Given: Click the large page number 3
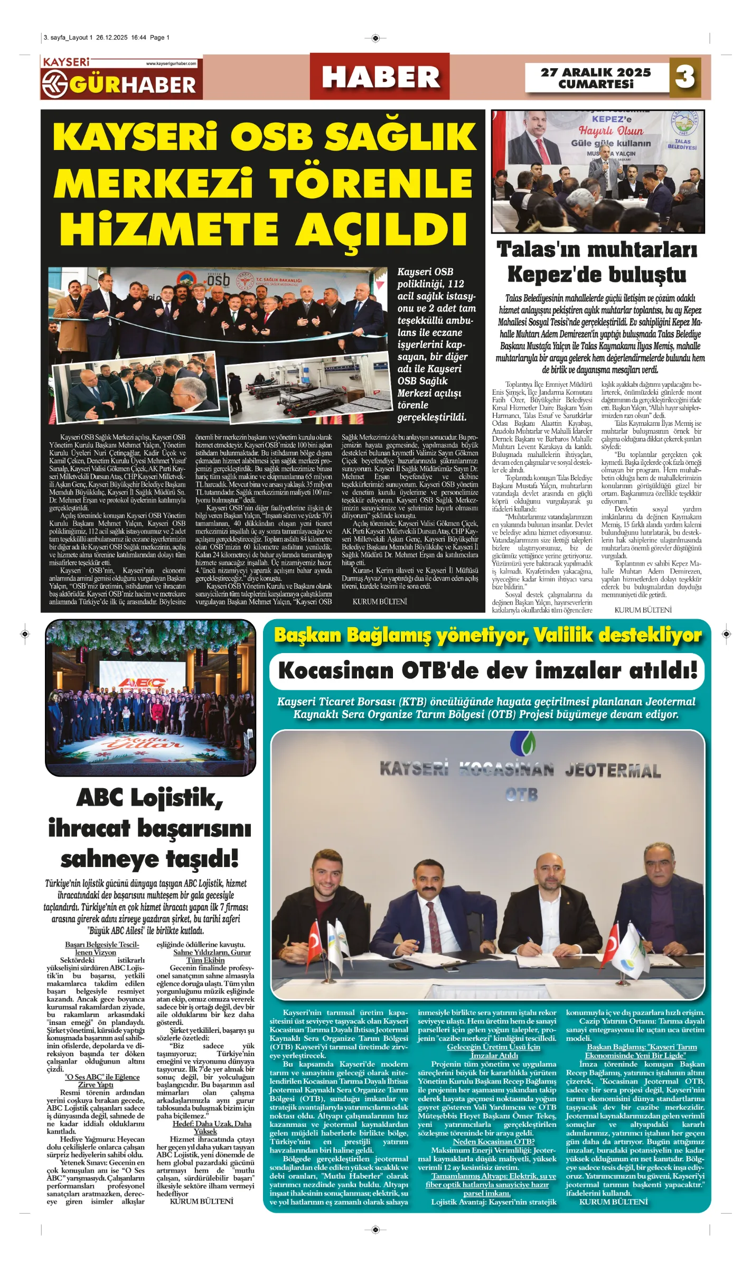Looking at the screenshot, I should coord(685,77).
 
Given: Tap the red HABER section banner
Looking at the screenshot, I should coord(380,77).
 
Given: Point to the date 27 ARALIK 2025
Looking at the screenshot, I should coord(596,72).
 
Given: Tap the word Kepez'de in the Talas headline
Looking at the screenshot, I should coord(557,275).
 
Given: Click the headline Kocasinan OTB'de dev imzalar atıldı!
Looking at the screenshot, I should coord(487,671).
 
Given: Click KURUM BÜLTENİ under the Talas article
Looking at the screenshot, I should coord(643,610).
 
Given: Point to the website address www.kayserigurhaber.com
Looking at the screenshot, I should coord(171,63).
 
